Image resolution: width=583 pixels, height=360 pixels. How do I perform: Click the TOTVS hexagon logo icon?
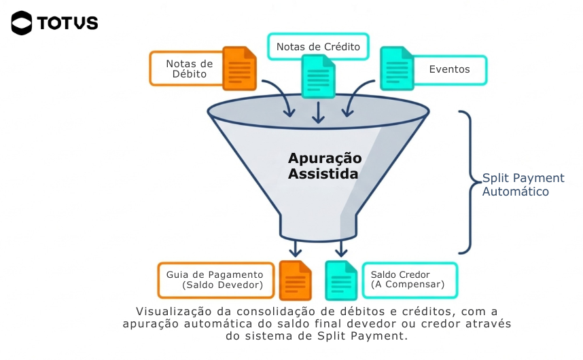tap(22, 23)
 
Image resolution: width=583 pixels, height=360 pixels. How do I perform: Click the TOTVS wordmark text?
tap(68, 23)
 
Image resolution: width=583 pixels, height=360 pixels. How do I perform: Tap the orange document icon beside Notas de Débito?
tap(239, 69)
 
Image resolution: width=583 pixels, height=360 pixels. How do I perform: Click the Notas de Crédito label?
tap(318, 47)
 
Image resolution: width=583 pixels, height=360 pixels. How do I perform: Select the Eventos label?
tap(448, 69)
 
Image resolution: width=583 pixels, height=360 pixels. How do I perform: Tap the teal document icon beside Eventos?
tap(396, 69)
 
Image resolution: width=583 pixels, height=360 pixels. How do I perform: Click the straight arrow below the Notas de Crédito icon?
tap(318, 111)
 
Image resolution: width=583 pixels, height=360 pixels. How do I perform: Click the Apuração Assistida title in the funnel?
tap(324, 166)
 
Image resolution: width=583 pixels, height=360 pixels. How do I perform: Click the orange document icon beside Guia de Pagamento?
tap(295, 280)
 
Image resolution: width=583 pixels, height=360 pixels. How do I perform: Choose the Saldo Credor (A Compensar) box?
tap(409, 280)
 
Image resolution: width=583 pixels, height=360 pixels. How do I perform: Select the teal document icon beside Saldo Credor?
tap(341, 280)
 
